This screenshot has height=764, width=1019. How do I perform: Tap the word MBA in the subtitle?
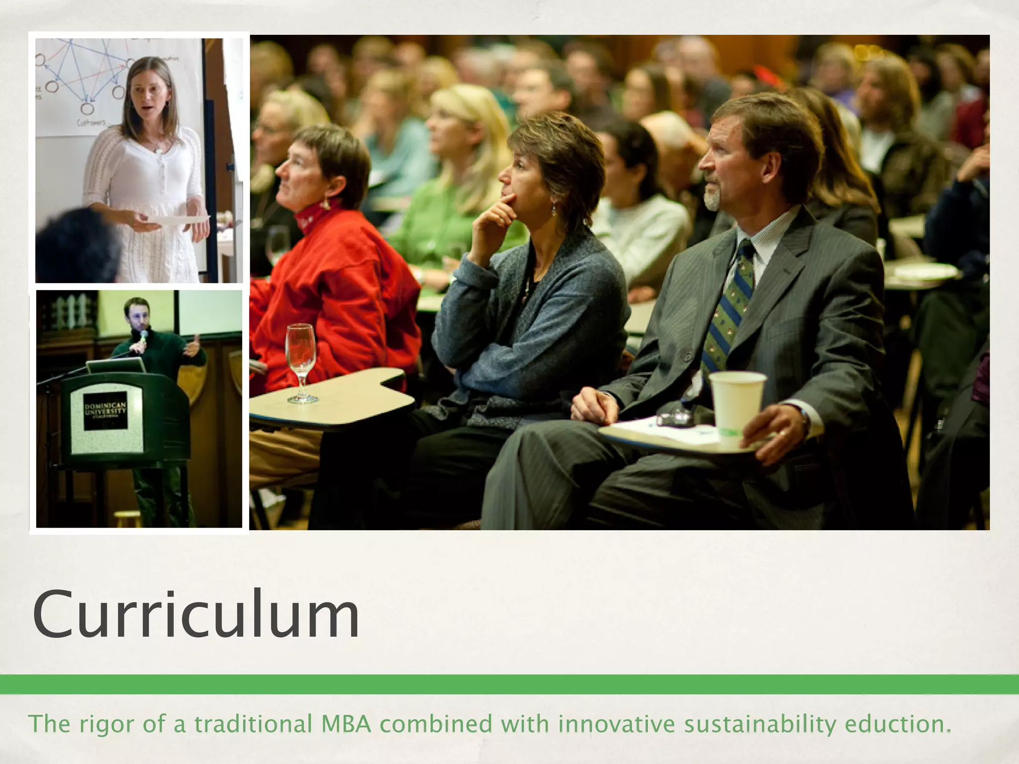click(x=346, y=724)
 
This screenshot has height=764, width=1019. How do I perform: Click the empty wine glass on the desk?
click(x=301, y=361)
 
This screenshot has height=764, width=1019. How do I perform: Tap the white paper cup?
click(x=737, y=403)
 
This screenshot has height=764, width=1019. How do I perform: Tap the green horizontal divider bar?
click(x=509, y=684)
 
